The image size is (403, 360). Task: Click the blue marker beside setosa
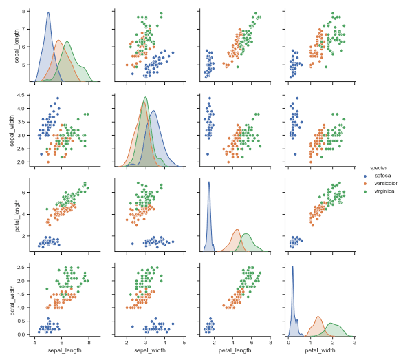(366, 176)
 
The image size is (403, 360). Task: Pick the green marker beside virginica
(366, 191)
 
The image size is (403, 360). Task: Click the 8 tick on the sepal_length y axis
(25, 12)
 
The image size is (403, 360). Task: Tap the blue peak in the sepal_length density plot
(48, 12)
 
